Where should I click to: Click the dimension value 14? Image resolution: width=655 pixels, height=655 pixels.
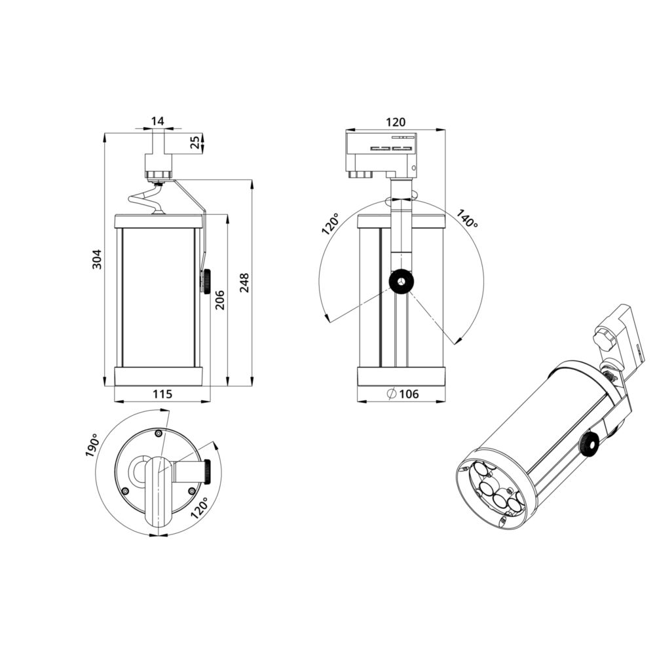click(157, 121)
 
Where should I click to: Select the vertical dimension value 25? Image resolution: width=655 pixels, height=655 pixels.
click(195, 142)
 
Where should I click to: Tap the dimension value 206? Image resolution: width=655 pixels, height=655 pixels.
click(219, 300)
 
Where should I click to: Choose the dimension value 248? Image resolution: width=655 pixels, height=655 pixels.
click(244, 283)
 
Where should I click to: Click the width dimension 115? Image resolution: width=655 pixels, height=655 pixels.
click(162, 394)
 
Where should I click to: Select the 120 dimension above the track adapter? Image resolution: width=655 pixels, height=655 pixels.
click(395, 122)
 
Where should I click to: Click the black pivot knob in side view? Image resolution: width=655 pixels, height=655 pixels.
click(400, 282)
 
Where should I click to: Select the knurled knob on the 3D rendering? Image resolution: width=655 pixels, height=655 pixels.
click(588, 445)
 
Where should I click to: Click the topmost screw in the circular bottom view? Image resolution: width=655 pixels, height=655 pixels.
click(158, 433)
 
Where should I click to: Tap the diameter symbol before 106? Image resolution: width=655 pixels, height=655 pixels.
click(390, 394)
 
